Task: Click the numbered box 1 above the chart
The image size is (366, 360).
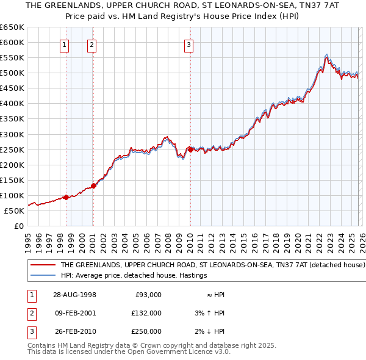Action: [x=65, y=45]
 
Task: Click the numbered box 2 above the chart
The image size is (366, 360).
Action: [x=91, y=45]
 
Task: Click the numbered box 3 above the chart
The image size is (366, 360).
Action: [x=188, y=45]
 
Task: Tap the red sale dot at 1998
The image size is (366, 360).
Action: [x=66, y=197]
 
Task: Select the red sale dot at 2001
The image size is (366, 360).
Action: [x=93, y=185]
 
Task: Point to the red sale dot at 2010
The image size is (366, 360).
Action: [x=190, y=149]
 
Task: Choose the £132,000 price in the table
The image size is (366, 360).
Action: [x=146, y=313]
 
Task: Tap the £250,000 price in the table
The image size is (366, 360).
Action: [x=146, y=332]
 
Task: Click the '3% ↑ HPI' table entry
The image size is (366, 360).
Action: [x=210, y=313]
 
